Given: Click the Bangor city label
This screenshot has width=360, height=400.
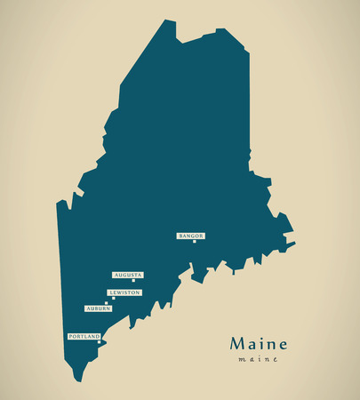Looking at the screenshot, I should point(191,236).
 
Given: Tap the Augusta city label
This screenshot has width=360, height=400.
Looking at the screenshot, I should point(128,276).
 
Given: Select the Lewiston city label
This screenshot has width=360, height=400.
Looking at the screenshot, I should point(124,292).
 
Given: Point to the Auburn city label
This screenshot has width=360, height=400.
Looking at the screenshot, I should point(98,308).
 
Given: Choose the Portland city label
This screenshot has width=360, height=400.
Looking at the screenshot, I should point(84,337).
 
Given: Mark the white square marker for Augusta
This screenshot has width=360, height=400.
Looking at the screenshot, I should point(134,282).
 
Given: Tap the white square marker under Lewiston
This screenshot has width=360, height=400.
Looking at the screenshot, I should point(113,299).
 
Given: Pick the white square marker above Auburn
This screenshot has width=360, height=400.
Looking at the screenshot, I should point(107,303).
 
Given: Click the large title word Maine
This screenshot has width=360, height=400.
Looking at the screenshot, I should point(258,343).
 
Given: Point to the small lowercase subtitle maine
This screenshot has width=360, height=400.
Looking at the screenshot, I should point(258,359).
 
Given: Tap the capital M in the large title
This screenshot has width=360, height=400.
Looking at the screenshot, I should point(237,343).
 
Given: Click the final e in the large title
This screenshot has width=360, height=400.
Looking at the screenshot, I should point(282,345).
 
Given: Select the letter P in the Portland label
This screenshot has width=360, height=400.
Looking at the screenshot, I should point(71,337).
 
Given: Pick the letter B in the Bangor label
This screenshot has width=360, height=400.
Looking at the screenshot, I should point(180,236).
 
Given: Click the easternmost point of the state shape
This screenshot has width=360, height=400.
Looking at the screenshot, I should point(294,241).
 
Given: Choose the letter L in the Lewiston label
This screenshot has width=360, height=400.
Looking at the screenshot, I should point(111,292).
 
